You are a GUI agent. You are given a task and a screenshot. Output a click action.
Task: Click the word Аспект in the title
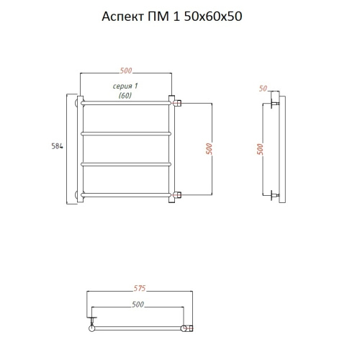coord(122,17)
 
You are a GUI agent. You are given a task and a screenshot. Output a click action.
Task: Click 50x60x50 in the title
coord(213,17)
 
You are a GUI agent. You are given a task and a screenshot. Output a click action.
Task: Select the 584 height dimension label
coord(57,146)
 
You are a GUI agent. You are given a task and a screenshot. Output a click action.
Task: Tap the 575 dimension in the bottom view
coord(140,288)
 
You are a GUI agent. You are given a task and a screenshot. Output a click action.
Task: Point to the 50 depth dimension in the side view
coord(263,89)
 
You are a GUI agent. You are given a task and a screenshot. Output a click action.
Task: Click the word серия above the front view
coord(122,86)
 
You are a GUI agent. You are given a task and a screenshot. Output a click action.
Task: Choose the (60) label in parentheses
coord(125,96)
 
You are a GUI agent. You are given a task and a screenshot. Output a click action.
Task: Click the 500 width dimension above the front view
coord(126,71)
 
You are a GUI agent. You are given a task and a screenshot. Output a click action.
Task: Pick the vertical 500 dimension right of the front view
coord(209,149)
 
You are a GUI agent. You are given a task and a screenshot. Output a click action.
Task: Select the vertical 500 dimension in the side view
coord(260,149)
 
